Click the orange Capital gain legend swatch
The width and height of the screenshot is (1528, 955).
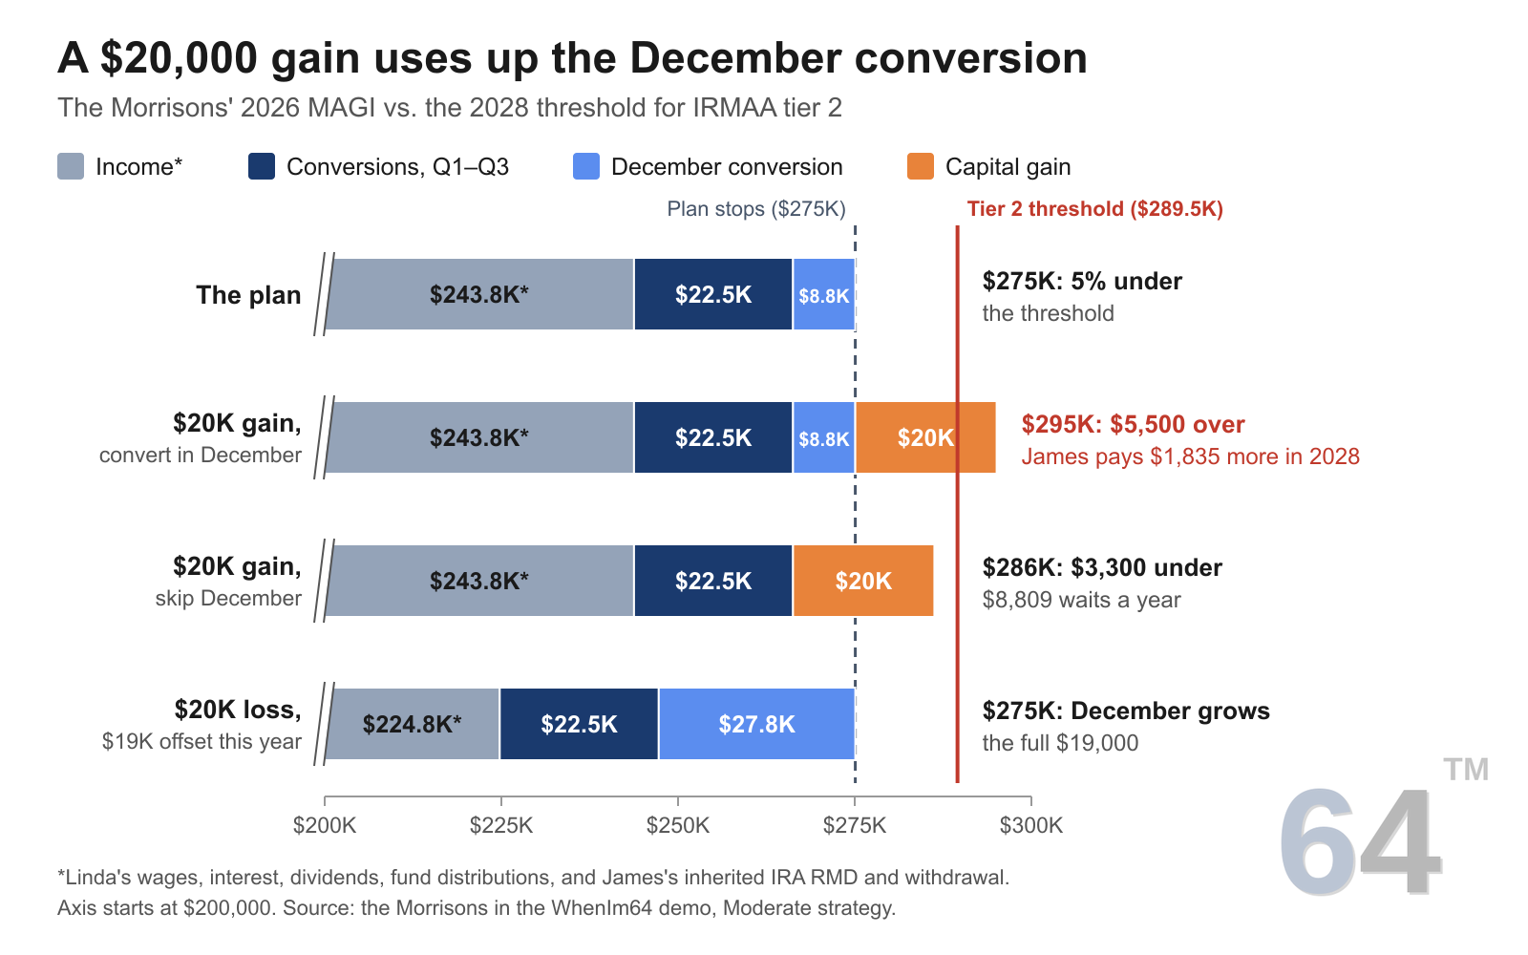point(921,166)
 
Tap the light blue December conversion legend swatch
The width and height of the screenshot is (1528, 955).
point(586,166)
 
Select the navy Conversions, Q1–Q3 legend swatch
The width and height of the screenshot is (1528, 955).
point(262,166)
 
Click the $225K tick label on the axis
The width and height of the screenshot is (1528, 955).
point(500,825)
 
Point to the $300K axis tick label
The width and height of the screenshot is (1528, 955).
point(1030,825)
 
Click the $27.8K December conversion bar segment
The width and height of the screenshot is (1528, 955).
point(757,724)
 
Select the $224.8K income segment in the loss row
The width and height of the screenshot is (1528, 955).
point(413,724)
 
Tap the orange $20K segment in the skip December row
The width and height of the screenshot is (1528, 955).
point(863,581)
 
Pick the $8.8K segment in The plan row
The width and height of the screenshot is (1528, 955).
point(824,294)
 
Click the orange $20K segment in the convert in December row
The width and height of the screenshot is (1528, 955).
point(925,437)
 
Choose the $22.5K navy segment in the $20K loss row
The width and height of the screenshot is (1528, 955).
point(579,724)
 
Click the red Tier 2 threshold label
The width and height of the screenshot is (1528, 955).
point(1094,209)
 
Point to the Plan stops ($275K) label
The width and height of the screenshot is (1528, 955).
point(755,209)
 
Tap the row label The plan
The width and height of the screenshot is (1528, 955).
point(248,295)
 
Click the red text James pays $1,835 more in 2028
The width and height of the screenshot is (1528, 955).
point(1190,456)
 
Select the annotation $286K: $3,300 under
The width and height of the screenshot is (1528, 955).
point(1102,567)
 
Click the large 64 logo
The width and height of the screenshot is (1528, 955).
point(1360,841)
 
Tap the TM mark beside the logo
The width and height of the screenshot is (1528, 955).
point(1466,770)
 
